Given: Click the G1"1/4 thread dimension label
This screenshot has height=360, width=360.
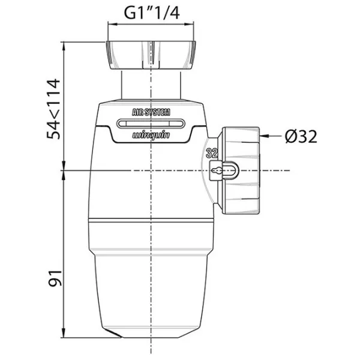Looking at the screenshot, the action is tap(152, 13).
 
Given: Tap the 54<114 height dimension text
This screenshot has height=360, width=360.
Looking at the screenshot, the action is tap(53, 109).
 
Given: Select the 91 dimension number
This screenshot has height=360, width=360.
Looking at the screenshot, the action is tap(55, 278).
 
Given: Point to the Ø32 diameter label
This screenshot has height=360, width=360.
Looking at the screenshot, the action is tap(301, 137).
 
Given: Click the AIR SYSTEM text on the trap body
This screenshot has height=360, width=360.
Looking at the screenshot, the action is tap(151, 112).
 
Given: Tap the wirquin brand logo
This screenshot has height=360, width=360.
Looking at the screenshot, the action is tap(151, 135).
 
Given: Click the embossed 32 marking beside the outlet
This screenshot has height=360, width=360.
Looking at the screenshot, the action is tap(211, 153).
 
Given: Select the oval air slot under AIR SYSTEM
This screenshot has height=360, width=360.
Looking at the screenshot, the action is tap(151, 124).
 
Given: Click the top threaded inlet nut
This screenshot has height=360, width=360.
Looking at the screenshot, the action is tap(151, 55).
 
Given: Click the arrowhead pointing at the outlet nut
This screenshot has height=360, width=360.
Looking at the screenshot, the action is tap(264, 136).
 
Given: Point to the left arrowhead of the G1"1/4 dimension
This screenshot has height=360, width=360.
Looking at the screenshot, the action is tap(112, 24).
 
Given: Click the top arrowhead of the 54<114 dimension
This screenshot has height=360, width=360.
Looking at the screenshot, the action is tap(64, 46).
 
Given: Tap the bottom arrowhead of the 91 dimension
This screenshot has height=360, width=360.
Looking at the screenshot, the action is tap(64, 333).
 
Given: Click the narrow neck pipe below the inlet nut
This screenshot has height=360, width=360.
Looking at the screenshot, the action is tap(151, 85).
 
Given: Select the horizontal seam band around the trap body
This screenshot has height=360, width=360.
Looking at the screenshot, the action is tap(151, 221).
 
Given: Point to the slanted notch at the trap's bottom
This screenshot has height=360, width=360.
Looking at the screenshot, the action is tap(112, 334).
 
